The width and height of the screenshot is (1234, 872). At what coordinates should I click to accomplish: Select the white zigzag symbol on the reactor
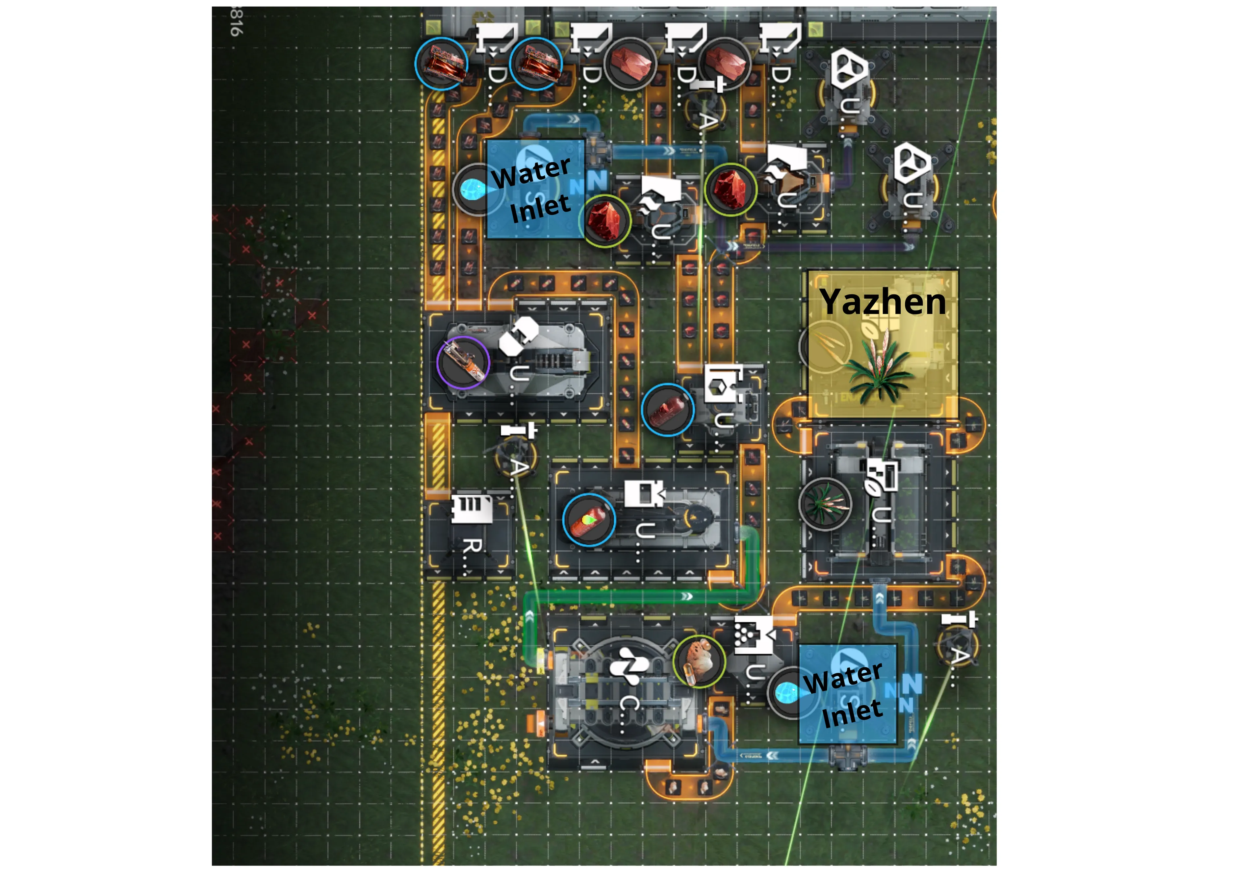coord(629,665)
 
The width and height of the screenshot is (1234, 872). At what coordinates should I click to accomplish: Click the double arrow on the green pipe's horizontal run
coord(686,596)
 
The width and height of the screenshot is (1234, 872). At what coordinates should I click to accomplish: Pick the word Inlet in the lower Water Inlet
coord(852,713)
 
